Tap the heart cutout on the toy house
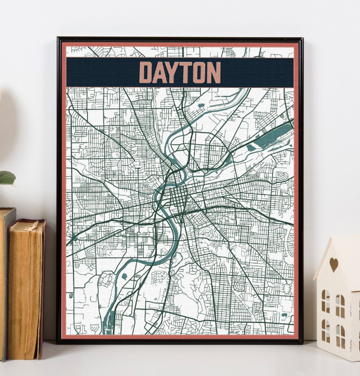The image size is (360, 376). tap(333, 264)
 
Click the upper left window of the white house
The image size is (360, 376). tap(326, 301)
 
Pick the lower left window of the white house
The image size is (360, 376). tap(326, 331)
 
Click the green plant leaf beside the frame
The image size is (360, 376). tap(7, 178)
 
